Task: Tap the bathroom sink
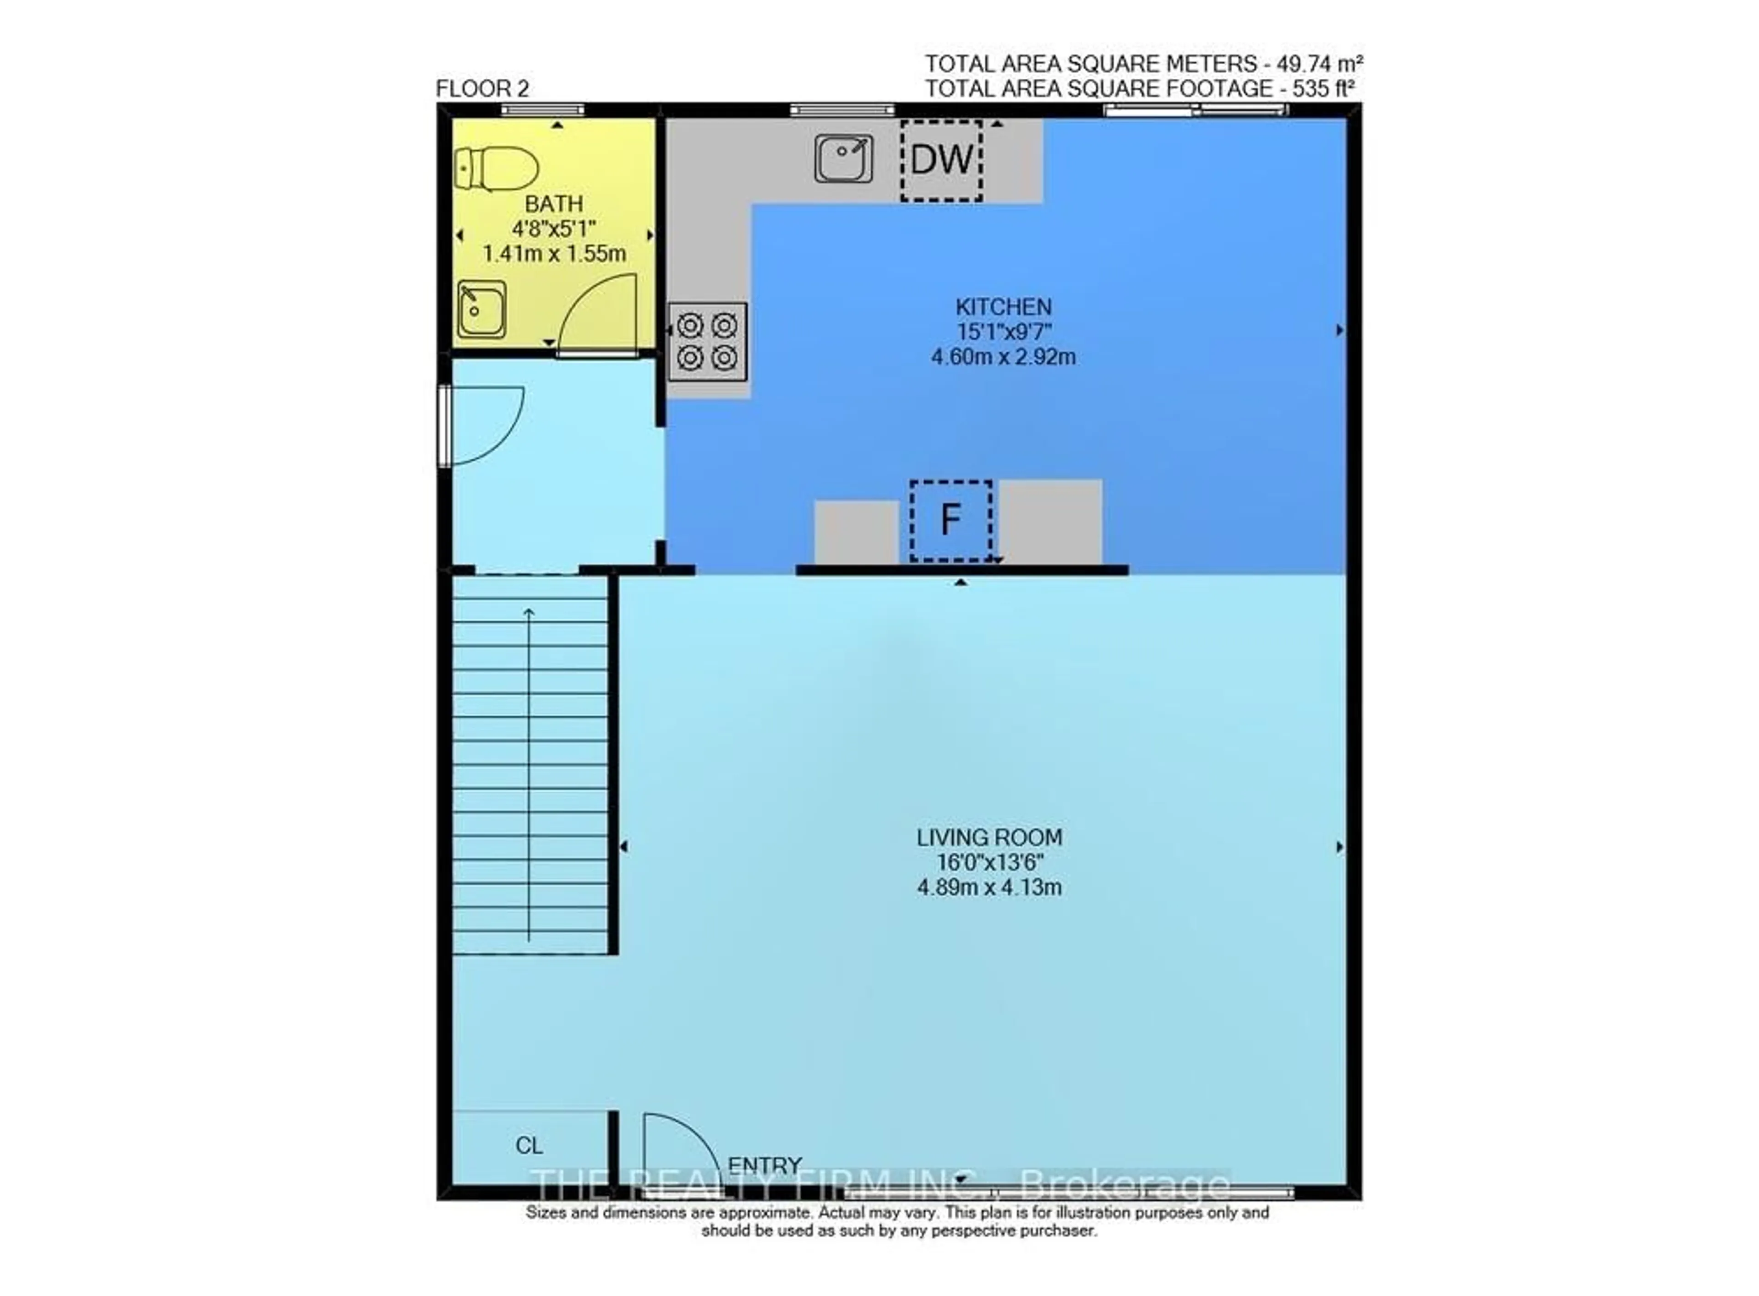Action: pos(481,309)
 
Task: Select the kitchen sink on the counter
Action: pos(843,158)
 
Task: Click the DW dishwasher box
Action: pos(941,160)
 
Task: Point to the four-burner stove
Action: pos(707,341)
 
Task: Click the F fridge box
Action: pos(950,520)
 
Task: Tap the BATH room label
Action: pos(553,204)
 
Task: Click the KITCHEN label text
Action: pos(1003,307)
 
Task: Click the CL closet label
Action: pos(529,1146)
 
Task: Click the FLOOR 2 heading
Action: pos(482,89)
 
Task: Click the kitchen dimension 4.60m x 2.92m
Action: pos(1003,357)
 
